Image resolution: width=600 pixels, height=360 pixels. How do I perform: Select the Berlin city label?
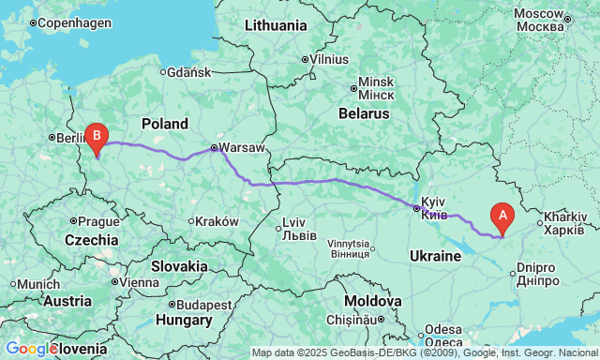pyautogui.click(x=71, y=137)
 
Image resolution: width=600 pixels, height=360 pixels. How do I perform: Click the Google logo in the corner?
pyautogui.click(x=29, y=349)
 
